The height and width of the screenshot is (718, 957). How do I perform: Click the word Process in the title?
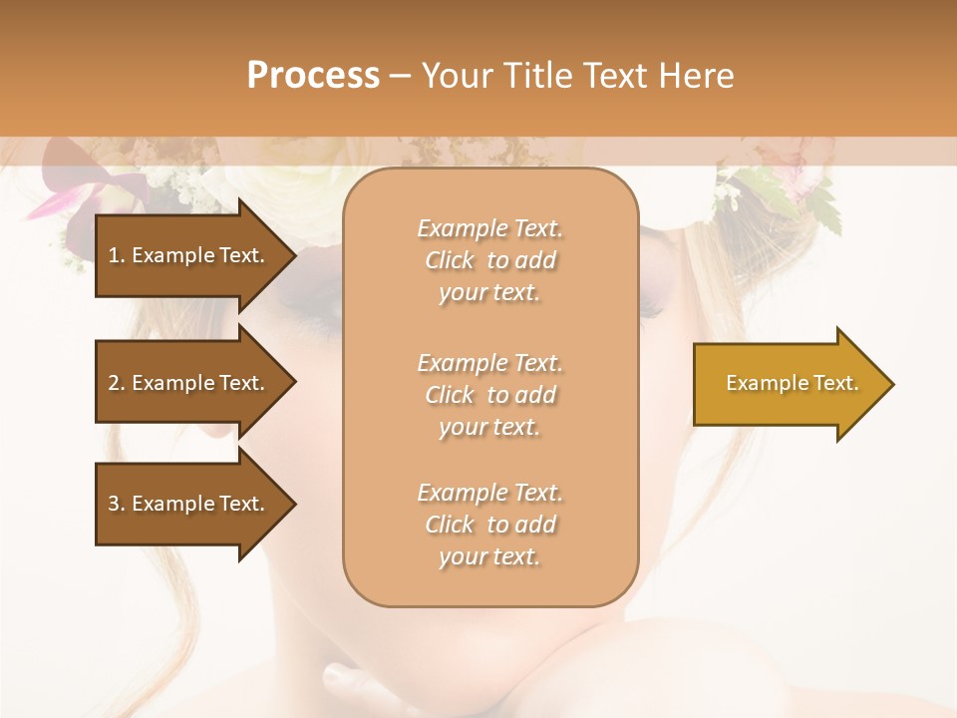[313, 76]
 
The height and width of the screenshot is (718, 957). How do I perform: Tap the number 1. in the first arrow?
[117, 255]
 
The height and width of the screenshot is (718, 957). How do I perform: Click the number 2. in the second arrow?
[117, 383]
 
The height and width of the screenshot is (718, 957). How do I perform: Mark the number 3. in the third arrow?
[117, 504]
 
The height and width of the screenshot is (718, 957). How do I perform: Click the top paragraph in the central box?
[489, 260]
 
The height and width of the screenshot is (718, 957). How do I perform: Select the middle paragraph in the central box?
[489, 395]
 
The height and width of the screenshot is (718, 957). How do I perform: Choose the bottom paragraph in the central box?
[489, 525]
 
